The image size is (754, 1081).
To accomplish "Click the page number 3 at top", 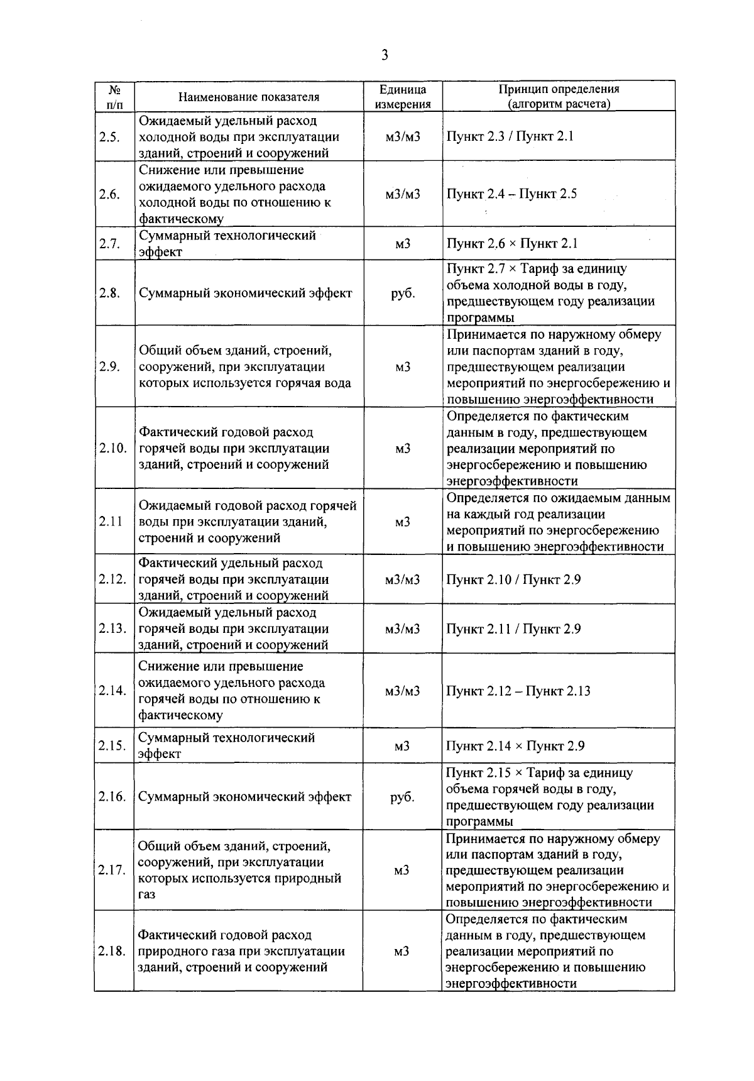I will tap(385, 55).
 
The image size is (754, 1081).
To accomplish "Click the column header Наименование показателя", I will tap(249, 97).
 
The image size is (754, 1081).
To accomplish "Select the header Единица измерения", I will tap(403, 97).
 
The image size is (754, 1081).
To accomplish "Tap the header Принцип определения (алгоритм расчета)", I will tap(559, 97).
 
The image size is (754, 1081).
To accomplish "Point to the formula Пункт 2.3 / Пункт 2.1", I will tap(510, 136).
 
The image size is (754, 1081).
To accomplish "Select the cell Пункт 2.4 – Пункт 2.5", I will tap(511, 194).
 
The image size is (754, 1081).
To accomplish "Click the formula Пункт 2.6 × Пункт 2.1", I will tap(511, 243).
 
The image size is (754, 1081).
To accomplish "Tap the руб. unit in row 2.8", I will tap(403, 293).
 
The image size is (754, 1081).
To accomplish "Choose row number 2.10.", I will tap(113, 448).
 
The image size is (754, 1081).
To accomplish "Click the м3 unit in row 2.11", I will tap(403, 522).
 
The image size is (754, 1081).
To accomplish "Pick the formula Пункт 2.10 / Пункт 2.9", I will tap(513, 579).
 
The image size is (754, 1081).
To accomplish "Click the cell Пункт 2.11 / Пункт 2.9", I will tap(513, 628).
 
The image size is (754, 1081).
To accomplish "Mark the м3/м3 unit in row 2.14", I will tap(403, 691).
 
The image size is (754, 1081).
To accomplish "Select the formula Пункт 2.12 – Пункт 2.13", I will tap(518, 691).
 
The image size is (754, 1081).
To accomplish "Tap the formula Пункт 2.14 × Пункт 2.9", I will tap(515, 746).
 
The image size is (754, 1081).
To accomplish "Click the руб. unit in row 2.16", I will tap(403, 797).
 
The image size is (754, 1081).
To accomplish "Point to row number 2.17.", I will tap(113, 870).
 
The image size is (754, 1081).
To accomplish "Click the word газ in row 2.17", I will tap(146, 894).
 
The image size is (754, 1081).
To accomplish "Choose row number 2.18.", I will tap(113, 951).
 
